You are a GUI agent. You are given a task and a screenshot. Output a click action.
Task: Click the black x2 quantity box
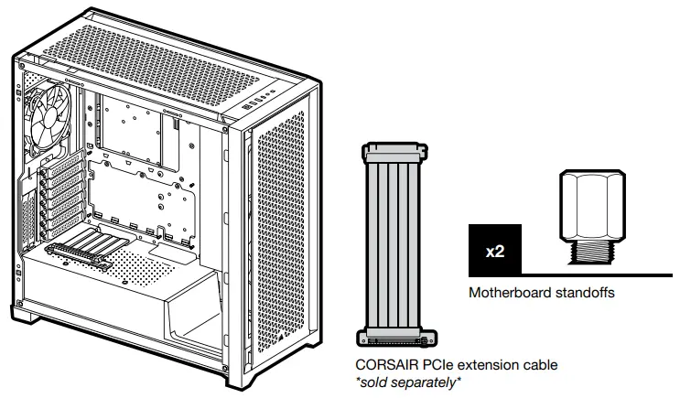pos(495,250)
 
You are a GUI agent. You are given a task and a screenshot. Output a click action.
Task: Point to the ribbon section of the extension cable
pos(395,242)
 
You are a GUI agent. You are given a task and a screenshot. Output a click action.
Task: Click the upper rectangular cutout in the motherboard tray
pos(133,124)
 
